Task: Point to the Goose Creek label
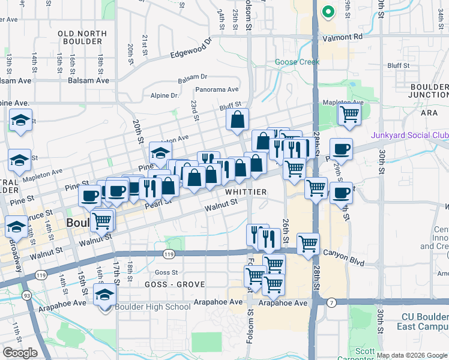(294, 62)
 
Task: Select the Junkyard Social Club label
(409, 136)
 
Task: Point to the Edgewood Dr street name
(191, 49)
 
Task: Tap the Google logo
(20, 353)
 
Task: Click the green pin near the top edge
(328, 11)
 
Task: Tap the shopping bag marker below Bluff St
(238, 119)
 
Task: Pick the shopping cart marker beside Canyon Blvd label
(308, 244)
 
